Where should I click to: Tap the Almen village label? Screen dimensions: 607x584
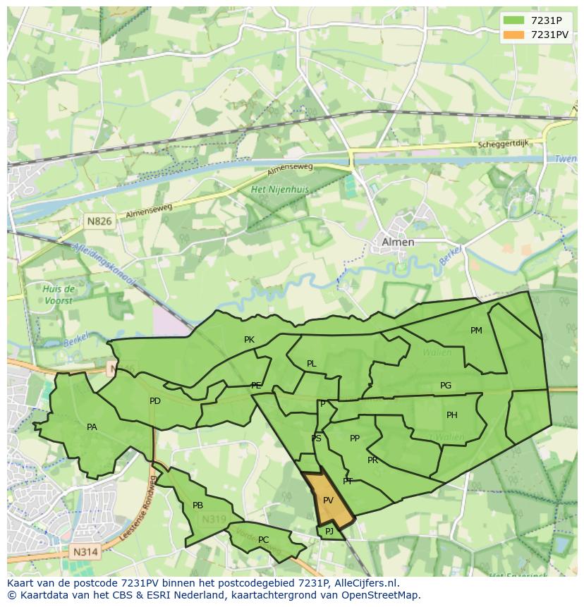(398, 242)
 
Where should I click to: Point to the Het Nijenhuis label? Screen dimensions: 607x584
(280, 190)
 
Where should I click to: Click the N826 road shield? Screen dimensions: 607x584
(99, 221)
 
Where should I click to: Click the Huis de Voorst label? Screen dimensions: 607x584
(59, 295)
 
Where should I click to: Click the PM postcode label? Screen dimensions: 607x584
(476, 331)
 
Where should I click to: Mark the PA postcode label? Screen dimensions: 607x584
(92, 427)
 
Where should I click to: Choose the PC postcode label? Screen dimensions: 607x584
(263, 540)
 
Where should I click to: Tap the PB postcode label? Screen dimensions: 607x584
(197, 505)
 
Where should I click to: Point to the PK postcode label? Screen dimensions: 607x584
(249, 340)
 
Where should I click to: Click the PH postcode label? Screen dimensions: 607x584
(451, 415)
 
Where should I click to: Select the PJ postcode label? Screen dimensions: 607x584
(329, 531)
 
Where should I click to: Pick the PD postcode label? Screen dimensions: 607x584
(155, 401)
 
